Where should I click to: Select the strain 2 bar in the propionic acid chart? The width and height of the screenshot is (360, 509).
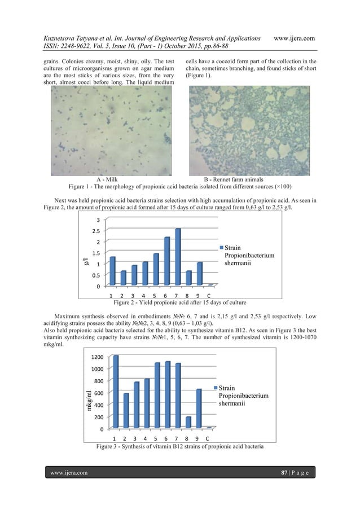tap(123, 278)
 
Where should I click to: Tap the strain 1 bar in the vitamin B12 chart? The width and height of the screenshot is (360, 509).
tap(116, 392)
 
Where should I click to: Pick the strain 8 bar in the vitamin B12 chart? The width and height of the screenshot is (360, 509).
tap(187, 422)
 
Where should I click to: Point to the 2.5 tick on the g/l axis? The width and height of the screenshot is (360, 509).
tap(97, 231)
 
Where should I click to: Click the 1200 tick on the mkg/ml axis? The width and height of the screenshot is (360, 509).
tap(94, 357)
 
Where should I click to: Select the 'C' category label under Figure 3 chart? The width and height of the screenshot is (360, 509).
tap(207, 438)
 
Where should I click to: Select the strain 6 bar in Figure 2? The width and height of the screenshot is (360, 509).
tap(166, 261)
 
